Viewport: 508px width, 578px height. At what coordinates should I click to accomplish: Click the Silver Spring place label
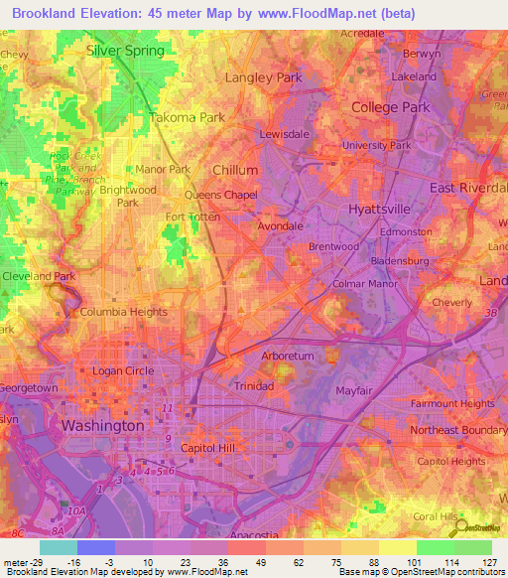tap(124, 50)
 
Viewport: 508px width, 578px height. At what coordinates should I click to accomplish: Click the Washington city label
tap(102, 424)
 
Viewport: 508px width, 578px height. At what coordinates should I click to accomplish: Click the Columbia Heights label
tap(120, 313)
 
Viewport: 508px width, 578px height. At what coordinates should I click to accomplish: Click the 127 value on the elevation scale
tap(490, 562)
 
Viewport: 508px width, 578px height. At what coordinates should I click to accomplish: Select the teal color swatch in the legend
tap(58, 547)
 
